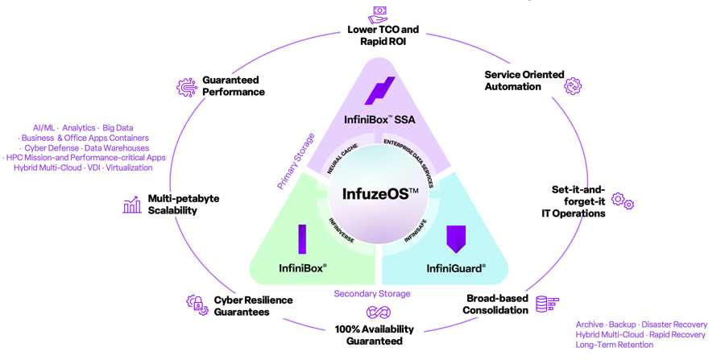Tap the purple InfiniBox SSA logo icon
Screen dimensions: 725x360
379,90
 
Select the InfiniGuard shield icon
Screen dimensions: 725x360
456,239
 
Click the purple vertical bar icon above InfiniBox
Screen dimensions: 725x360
302,239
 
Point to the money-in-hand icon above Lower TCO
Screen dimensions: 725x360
378,14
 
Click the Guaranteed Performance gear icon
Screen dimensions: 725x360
187,86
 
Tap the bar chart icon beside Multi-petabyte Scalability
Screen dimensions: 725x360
132,205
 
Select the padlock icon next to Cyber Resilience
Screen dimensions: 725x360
197,304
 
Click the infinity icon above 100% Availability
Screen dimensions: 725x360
379,312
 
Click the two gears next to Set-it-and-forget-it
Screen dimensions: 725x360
623,201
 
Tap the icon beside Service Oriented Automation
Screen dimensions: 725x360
573,85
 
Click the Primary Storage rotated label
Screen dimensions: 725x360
296,161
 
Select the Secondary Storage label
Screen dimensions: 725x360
372,293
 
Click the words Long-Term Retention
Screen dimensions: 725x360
615,345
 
